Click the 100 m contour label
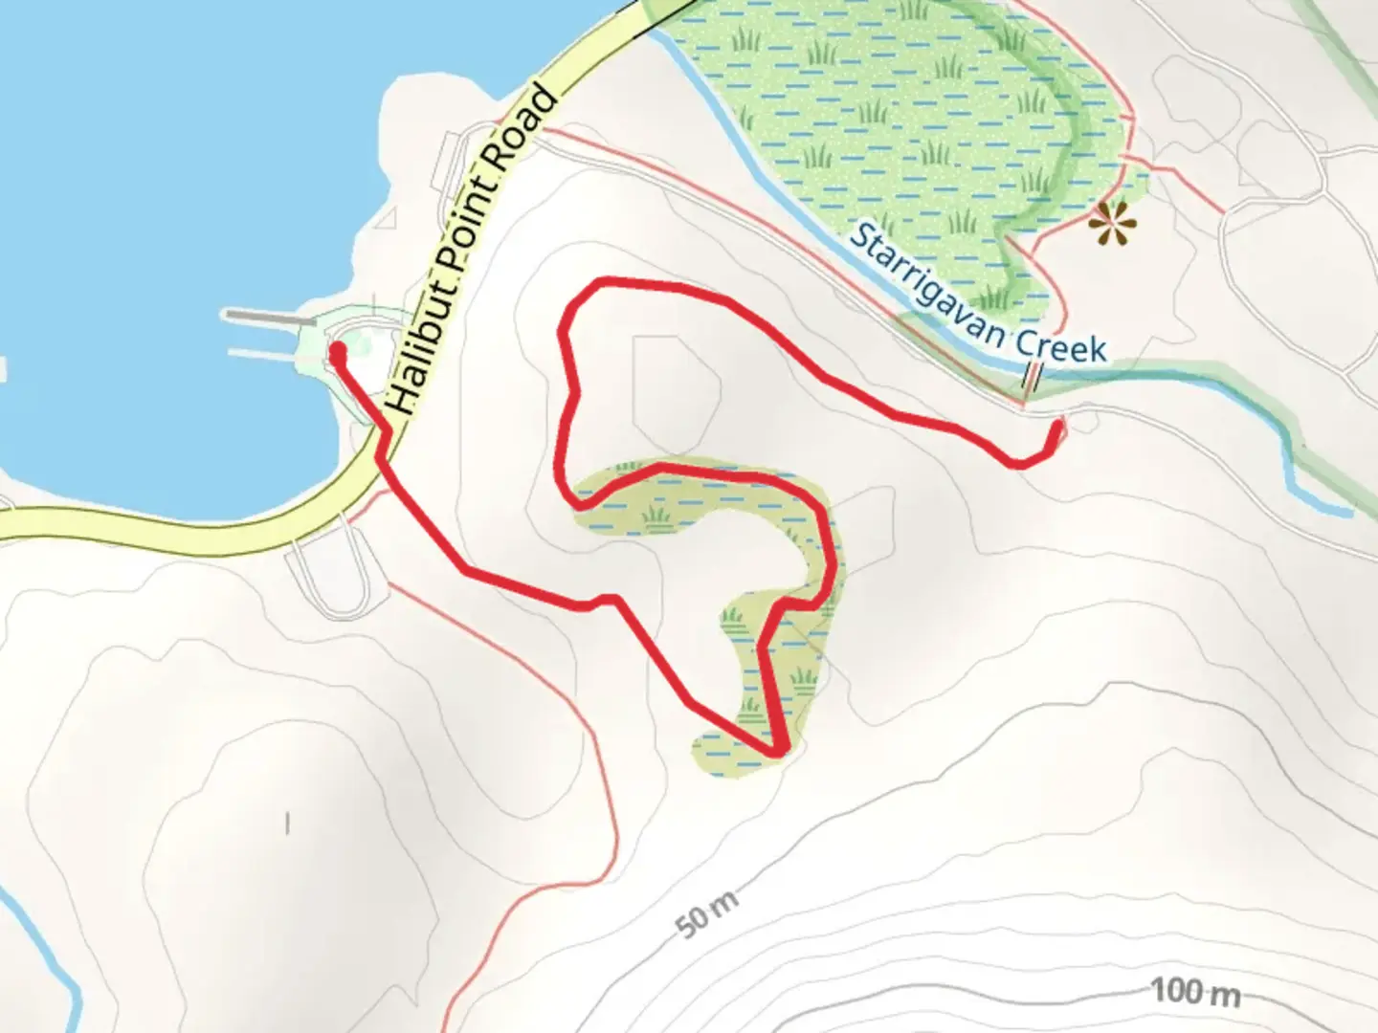(1195, 992)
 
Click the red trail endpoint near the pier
(337, 352)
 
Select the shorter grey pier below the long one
(263, 355)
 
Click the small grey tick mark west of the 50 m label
(287, 822)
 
